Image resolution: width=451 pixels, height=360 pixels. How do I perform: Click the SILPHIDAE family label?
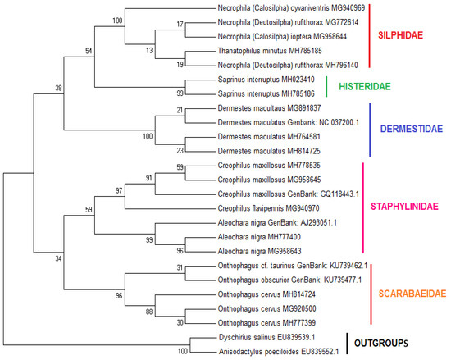400,35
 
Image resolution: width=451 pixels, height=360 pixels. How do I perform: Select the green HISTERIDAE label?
365,86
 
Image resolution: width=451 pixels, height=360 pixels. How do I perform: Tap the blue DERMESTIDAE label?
412,129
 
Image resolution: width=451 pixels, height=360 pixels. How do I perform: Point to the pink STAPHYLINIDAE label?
404,206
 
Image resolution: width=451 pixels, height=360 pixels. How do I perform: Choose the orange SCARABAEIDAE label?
412,294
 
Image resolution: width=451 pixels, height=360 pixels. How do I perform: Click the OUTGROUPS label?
380,343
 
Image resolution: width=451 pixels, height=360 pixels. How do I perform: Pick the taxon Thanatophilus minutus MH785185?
270,51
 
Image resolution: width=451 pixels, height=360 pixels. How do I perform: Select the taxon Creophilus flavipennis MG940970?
268,208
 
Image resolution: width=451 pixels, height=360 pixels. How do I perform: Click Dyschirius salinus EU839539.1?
266,337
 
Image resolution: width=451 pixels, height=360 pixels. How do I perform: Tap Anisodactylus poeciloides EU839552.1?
279,351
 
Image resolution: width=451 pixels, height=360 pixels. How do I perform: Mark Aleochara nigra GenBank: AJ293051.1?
277,222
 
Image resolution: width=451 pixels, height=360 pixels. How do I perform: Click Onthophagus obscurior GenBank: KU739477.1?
289,280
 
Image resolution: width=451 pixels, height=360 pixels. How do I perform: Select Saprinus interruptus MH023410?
266,80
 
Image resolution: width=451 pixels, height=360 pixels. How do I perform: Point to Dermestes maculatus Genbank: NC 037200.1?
288,122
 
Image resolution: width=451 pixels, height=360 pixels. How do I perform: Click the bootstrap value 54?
89,51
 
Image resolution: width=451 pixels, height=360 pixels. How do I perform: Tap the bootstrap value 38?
59,88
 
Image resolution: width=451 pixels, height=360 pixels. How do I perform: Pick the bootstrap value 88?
149,312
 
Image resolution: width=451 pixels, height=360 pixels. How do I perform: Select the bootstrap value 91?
148,178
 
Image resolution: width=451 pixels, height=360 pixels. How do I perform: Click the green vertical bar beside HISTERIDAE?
326,86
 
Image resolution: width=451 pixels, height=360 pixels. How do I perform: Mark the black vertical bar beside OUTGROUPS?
347,344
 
